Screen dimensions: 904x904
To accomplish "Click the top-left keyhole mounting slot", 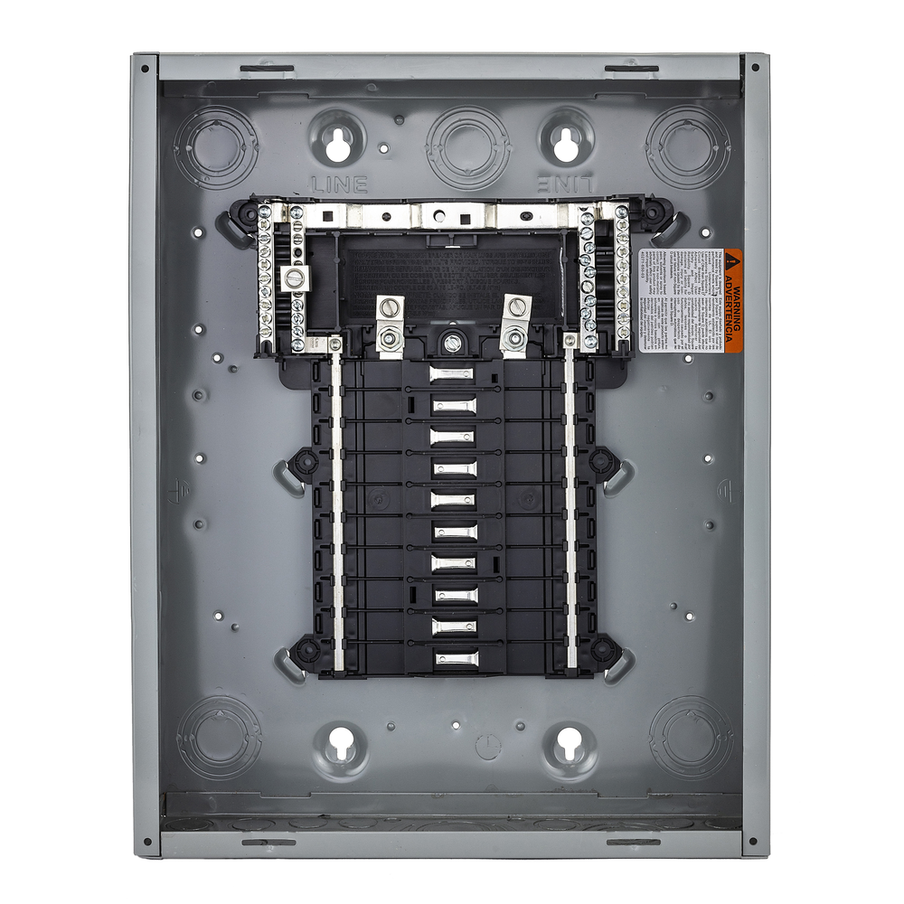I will pyautogui.click(x=339, y=141).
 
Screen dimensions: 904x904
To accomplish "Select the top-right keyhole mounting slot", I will pyautogui.click(x=567, y=141).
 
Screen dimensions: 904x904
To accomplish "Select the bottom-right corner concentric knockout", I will pyautogui.click(x=692, y=735).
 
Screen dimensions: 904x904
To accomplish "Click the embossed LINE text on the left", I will pyautogui.click(x=339, y=184).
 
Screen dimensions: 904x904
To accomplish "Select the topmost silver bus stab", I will pyautogui.click(x=452, y=373).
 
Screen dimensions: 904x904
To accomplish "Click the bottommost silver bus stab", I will pyautogui.click(x=452, y=659).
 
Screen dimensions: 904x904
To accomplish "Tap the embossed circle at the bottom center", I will pyautogui.click(x=487, y=746).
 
